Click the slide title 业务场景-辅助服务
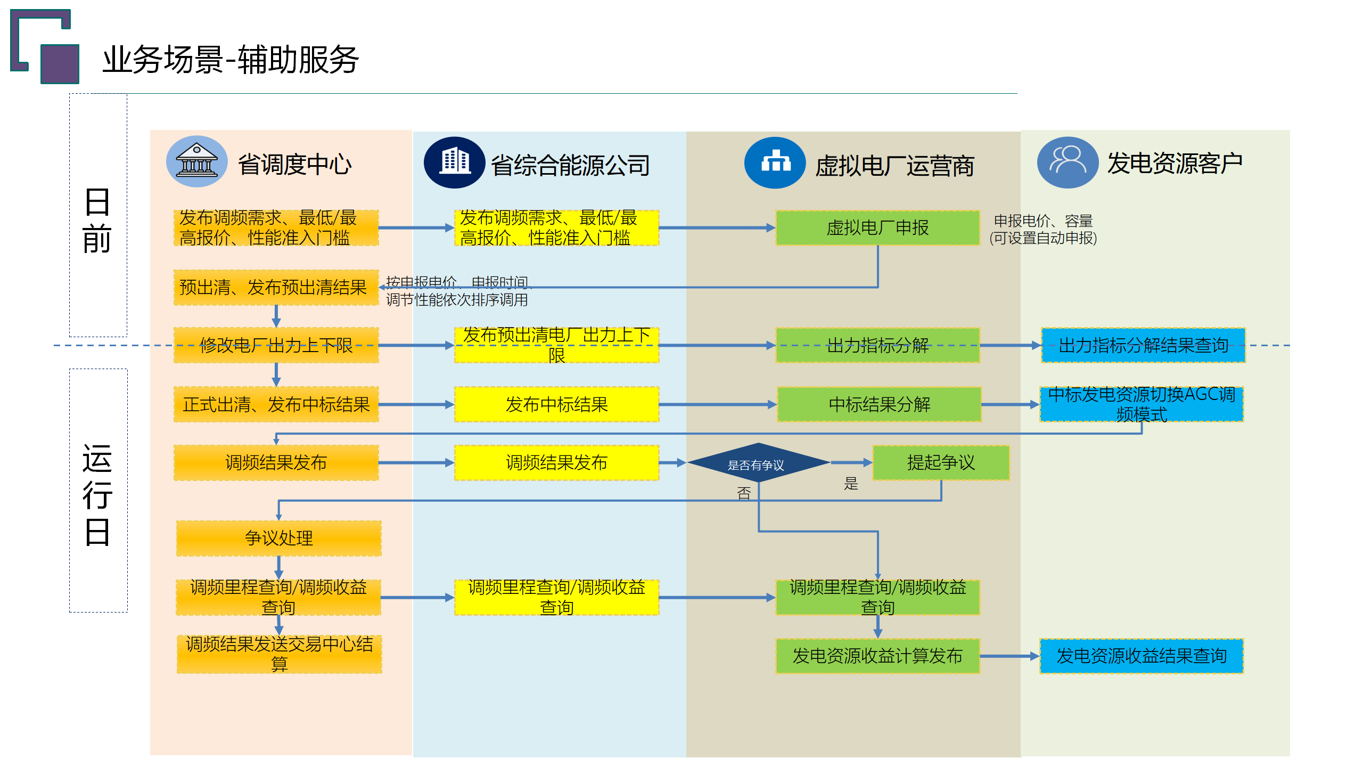click(x=231, y=60)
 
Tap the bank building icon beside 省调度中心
click(x=196, y=161)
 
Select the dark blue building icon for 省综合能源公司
click(x=454, y=162)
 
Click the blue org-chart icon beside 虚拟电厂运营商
click(x=775, y=162)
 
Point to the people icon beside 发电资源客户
click(x=1067, y=162)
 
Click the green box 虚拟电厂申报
click(x=877, y=228)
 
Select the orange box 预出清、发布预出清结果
click(x=276, y=288)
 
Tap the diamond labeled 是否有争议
click(x=757, y=463)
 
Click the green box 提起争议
click(x=941, y=462)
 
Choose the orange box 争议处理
click(x=278, y=538)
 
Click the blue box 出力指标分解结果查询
click(x=1143, y=345)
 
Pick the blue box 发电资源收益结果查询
click(x=1142, y=656)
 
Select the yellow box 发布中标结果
click(x=556, y=405)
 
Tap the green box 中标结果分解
click(x=879, y=405)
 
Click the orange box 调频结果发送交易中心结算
click(x=279, y=654)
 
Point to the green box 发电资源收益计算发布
click(x=877, y=656)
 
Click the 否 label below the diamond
click(x=744, y=493)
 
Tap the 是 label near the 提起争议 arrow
click(x=851, y=484)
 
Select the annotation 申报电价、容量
click(x=1043, y=221)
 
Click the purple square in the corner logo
click(x=60, y=64)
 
